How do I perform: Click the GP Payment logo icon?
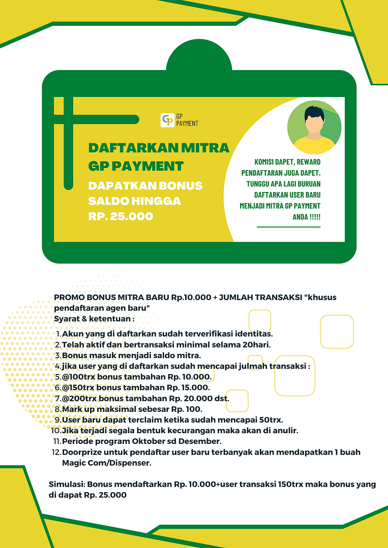167,120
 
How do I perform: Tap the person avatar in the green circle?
314,127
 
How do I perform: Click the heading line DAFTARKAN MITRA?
159,148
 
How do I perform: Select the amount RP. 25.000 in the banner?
121,216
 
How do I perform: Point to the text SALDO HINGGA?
134,201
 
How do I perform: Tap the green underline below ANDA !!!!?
288,227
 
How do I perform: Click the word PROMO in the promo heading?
69,298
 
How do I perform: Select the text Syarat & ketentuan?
94,319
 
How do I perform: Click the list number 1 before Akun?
58,334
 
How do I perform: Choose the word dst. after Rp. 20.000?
221,398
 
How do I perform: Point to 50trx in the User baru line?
271,420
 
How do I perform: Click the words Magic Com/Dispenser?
106,463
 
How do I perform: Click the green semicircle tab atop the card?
199,56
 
